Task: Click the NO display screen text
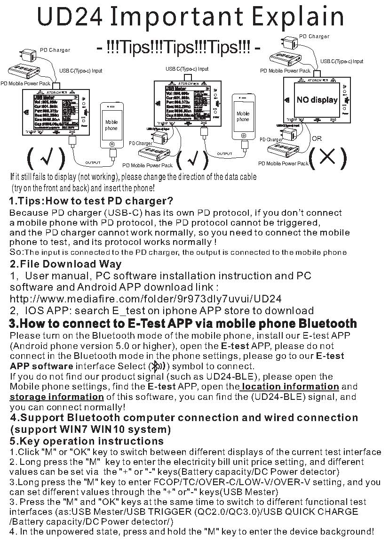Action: (317, 100)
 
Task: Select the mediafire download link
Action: (145, 299)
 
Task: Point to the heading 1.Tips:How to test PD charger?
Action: (91, 202)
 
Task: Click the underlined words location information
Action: (290, 387)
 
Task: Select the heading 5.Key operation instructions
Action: (87, 441)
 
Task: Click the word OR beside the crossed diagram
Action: (317, 138)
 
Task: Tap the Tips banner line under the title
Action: (178, 48)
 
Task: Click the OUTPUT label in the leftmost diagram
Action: (93, 162)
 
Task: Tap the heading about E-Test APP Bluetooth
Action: (183, 324)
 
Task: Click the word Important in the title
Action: (176, 17)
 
